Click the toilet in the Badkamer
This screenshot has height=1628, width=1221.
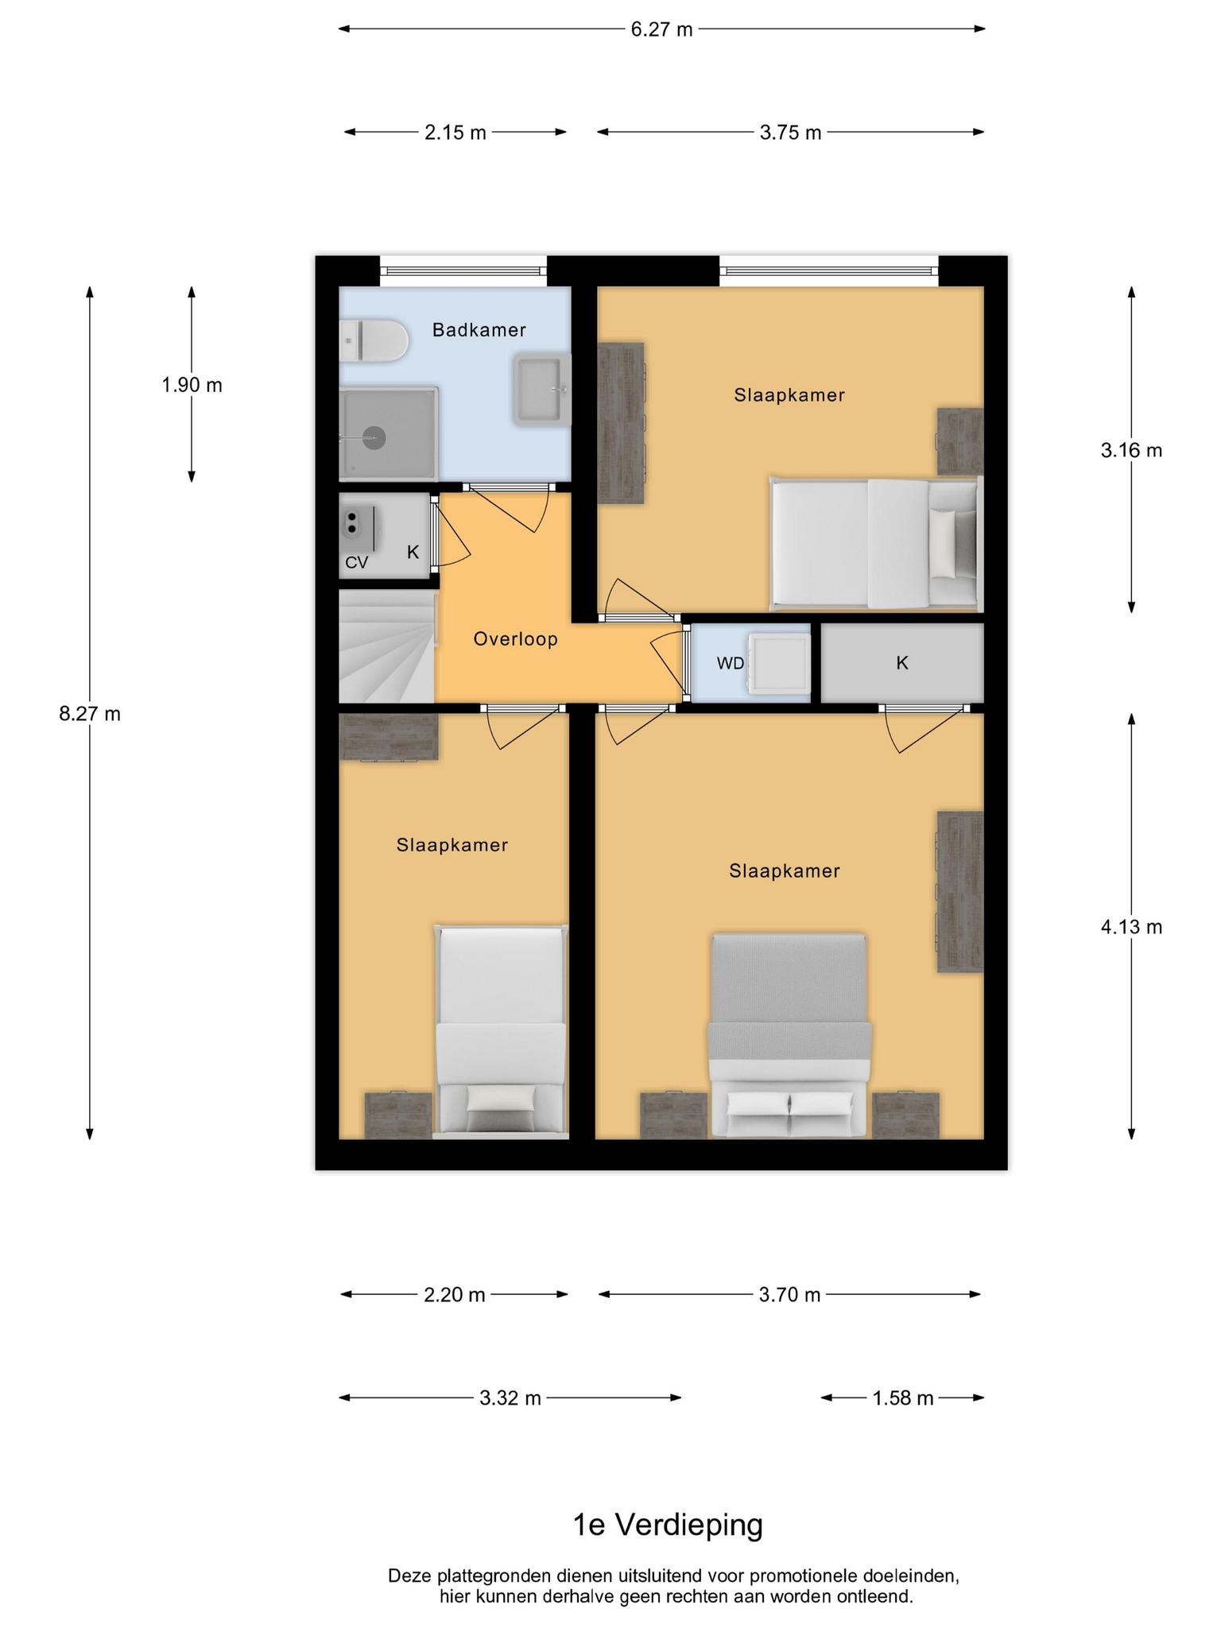click(x=373, y=341)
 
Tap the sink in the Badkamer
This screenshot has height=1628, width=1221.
click(x=542, y=390)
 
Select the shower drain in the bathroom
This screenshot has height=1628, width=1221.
click(x=374, y=436)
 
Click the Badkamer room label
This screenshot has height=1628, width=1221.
click(x=479, y=330)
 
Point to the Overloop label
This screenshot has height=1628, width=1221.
click(x=516, y=639)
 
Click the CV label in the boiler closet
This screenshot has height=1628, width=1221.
click(x=357, y=563)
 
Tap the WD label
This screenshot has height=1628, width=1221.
click(x=731, y=663)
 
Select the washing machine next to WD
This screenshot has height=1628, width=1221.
click(x=781, y=663)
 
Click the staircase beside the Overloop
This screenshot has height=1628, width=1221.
click(x=387, y=647)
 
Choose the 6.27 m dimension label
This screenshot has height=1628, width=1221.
click(x=662, y=29)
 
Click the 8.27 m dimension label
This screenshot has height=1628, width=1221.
click(x=90, y=714)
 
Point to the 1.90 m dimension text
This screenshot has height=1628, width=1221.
click(x=192, y=386)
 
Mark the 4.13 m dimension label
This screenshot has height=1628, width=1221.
click(x=1132, y=927)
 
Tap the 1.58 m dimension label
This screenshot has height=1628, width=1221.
click(x=903, y=1398)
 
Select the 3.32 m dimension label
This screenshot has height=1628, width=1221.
click(x=510, y=1398)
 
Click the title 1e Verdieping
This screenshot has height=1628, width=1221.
click(x=668, y=1525)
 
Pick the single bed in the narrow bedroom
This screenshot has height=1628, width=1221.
click(x=502, y=1031)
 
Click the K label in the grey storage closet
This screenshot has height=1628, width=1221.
click(x=902, y=663)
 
